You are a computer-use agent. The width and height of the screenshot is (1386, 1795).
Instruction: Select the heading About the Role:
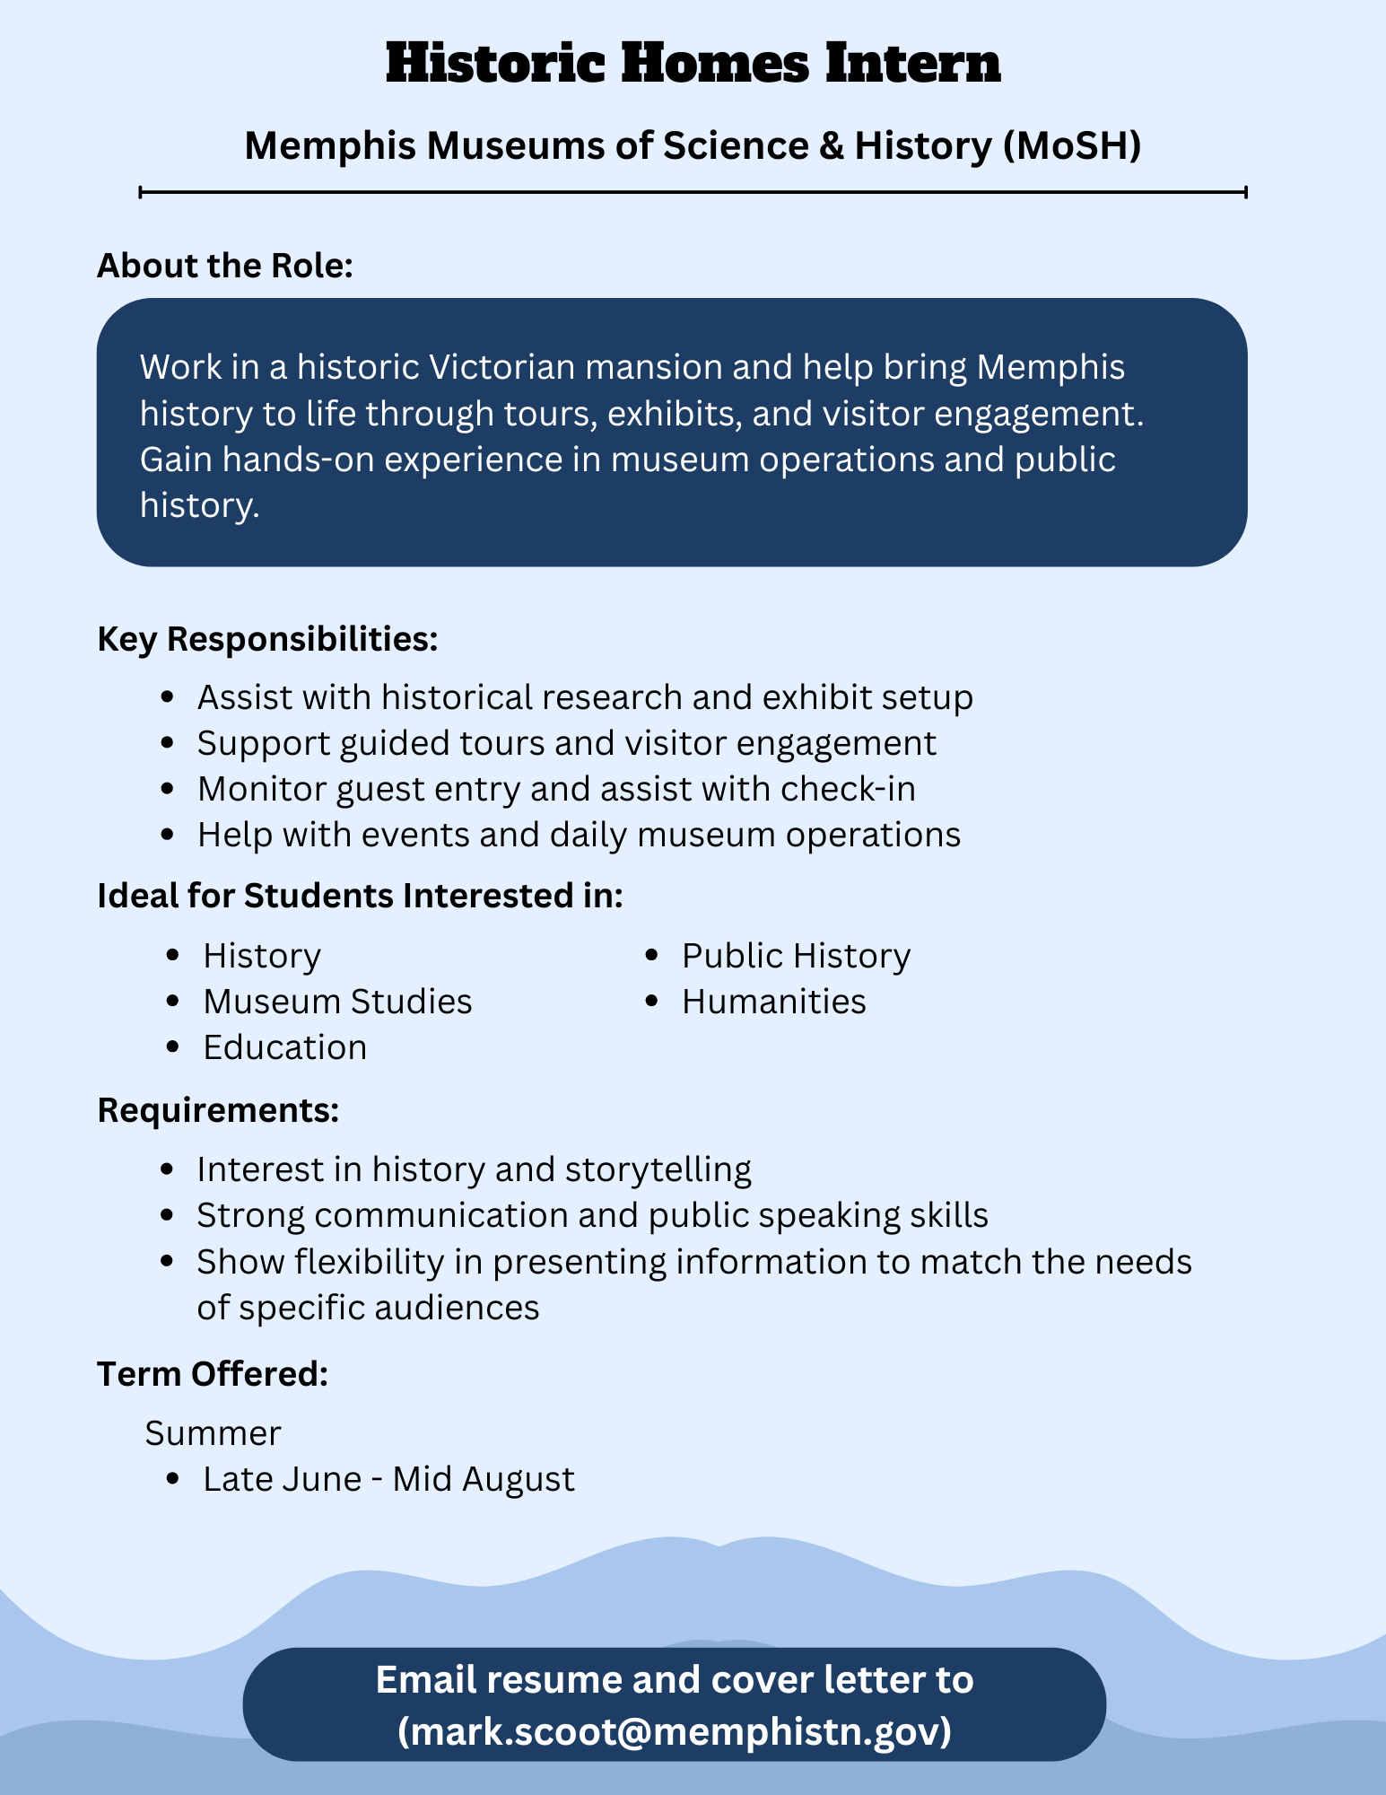[225, 266]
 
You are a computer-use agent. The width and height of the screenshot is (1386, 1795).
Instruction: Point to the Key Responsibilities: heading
[267, 639]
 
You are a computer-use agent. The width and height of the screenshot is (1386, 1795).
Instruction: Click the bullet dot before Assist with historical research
[167, 697]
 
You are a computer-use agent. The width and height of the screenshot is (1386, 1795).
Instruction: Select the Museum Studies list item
[337, 1002]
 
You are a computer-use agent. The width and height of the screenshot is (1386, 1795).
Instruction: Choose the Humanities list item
[773, 1002]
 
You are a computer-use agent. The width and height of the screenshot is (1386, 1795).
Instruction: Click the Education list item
[284, 1047]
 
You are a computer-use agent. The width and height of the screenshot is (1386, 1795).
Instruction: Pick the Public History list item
[796, 956]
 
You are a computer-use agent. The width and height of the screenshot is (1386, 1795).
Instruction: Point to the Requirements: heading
[218, 1110]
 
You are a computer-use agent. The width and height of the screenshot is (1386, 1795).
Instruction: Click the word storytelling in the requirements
[658, 1169]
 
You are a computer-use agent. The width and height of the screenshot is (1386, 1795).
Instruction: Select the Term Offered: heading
[213, 1374]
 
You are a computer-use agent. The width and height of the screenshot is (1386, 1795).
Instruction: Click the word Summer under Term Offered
[213, 1433]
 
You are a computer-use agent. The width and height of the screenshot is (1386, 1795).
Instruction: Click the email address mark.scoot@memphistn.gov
[675, 1730]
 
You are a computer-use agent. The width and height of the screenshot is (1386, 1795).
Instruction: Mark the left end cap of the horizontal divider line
[141, 191]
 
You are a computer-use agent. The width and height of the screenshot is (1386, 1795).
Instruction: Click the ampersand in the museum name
[831, 145]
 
